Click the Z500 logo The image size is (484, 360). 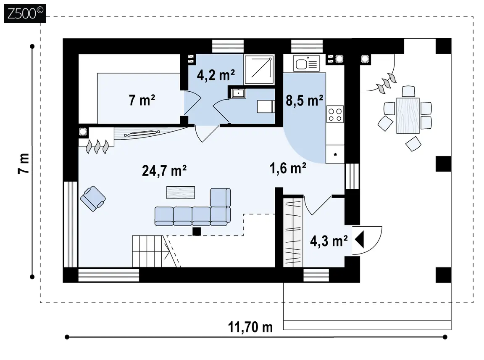25,13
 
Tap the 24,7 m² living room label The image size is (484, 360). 164,170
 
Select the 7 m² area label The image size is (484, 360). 142,100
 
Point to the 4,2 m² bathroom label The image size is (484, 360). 216,75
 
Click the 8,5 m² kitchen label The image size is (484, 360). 304,101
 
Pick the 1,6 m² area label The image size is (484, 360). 288,168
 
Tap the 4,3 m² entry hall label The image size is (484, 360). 329,241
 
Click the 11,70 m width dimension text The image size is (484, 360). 250,327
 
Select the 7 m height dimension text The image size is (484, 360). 24,164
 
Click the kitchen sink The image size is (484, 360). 306,64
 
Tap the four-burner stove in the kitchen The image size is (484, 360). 335,114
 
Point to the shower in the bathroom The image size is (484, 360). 259,69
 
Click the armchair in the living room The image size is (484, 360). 92,199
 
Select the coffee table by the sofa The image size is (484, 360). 181,192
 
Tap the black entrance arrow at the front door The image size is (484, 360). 359,239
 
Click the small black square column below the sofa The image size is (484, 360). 197,231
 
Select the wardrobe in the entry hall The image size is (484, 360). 293,232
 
